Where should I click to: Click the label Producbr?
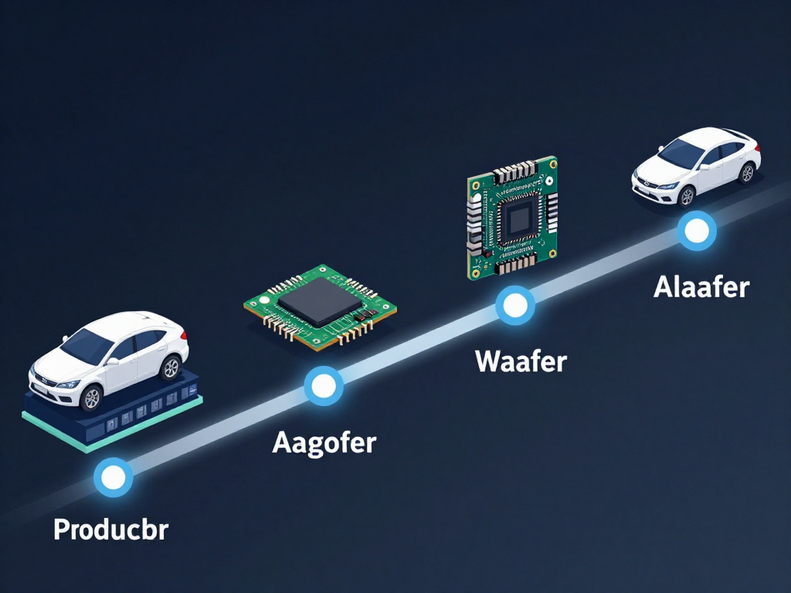pyautogui.click(x=111, y=530)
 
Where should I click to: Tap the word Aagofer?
pyautogui.click(x=324, y=443)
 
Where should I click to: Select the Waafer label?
pyautogui.click(x=521, y=361)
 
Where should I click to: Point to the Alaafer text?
pyautogui.click(x=701, y=287)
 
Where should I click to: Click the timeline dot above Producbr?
pyautogui.click(x=114, y=477)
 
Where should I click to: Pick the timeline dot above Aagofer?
pyautogui.click(x=324, y=386)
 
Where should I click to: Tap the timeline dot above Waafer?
pyautogui.click(x=515, y=306)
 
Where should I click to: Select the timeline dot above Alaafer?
pyautogui.click(x=697, y=231)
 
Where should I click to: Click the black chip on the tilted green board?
pyautogui.click(x=320, y=301)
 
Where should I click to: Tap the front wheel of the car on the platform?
pyautogui.click(x=92, y=398)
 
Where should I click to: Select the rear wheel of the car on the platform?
pyautogui.click(x=171, y=367)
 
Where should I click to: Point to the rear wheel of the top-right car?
pyautogui.click(x=747, y=173)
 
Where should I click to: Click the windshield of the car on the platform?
pyautogui.click(x=86, y=345)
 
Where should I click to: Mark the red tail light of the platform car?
pyautogui.click(x=184, y=335)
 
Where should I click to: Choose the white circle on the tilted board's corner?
pyautogui.click(x=264, y=300)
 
